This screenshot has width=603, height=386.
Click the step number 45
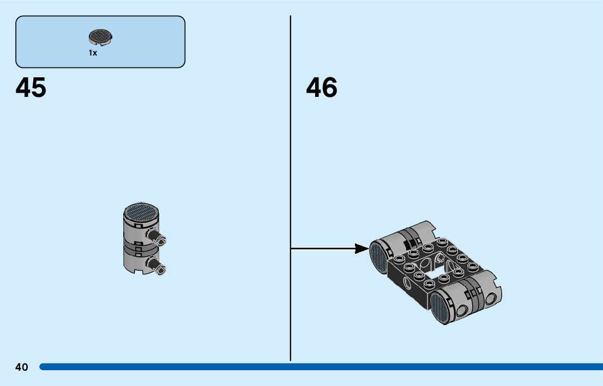(x=31, y=88)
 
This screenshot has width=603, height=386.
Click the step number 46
(x=322, y=88)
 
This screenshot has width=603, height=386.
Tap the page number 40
(x=22, y=367)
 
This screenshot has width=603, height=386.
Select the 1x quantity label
(x=93, y=53)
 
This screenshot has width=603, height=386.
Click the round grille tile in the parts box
(x=100, y=37)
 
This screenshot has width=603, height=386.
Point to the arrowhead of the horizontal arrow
(x=361, y=249)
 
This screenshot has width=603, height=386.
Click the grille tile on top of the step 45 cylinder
(x=142, y=211)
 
